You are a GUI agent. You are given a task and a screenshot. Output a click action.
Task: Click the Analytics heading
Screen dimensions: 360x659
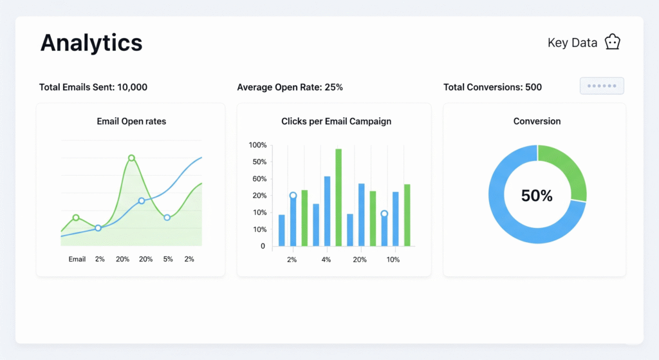tap(91, 43)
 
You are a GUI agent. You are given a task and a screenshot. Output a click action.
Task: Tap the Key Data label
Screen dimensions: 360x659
tap(572, 43)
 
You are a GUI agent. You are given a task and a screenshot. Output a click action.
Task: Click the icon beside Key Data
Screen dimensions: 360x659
tap(612, 43)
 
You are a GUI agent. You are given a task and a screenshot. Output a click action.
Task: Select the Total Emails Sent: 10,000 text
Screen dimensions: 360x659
tap(93, 87)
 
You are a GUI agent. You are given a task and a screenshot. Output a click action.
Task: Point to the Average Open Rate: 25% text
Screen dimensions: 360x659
tap(290, 87)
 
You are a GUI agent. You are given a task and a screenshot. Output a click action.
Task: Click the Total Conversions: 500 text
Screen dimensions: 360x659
tap(492, 87)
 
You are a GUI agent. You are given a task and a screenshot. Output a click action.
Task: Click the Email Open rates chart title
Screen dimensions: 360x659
tap(131, 121)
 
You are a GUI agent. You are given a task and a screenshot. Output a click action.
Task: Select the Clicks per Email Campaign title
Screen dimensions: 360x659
tap(336, 121)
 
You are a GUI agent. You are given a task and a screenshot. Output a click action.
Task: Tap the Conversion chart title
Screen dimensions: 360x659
tap(537, 121)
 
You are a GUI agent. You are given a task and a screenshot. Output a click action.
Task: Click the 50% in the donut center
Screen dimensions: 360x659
tap(537, 196)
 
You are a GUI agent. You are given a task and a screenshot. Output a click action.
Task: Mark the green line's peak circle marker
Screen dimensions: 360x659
tap(131, 158)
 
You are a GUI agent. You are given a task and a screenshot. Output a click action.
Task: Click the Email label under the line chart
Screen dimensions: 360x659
tap(77, 259)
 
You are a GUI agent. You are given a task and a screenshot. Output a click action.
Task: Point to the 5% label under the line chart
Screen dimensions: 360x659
tap(167, 259)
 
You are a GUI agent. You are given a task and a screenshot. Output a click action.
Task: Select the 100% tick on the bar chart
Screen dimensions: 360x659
tap(257, 145)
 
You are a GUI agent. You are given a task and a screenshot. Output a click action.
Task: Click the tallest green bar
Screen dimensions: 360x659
tap(339, 197)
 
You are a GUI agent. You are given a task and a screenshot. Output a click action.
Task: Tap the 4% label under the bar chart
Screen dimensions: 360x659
tap(326, 260)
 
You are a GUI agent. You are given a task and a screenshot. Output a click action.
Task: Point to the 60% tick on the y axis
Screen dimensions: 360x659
tap(258, 178)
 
